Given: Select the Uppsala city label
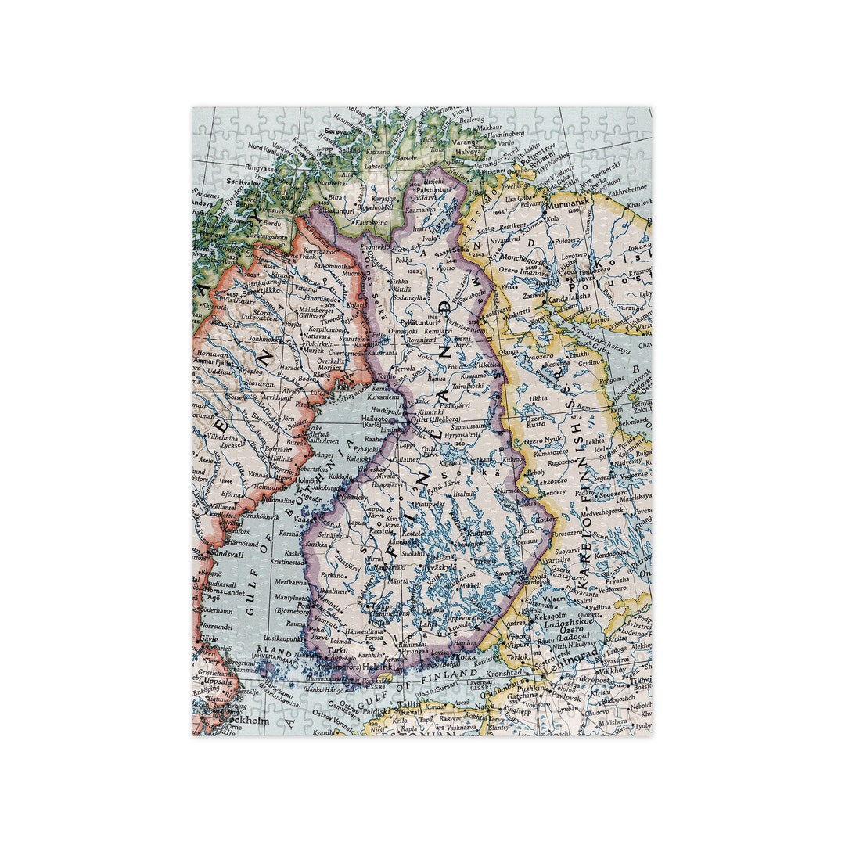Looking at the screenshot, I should click(219, 680).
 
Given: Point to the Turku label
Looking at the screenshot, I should click(337, 650).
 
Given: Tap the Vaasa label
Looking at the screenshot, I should click(304, 519).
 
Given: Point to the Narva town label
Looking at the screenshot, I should click(483, 715).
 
